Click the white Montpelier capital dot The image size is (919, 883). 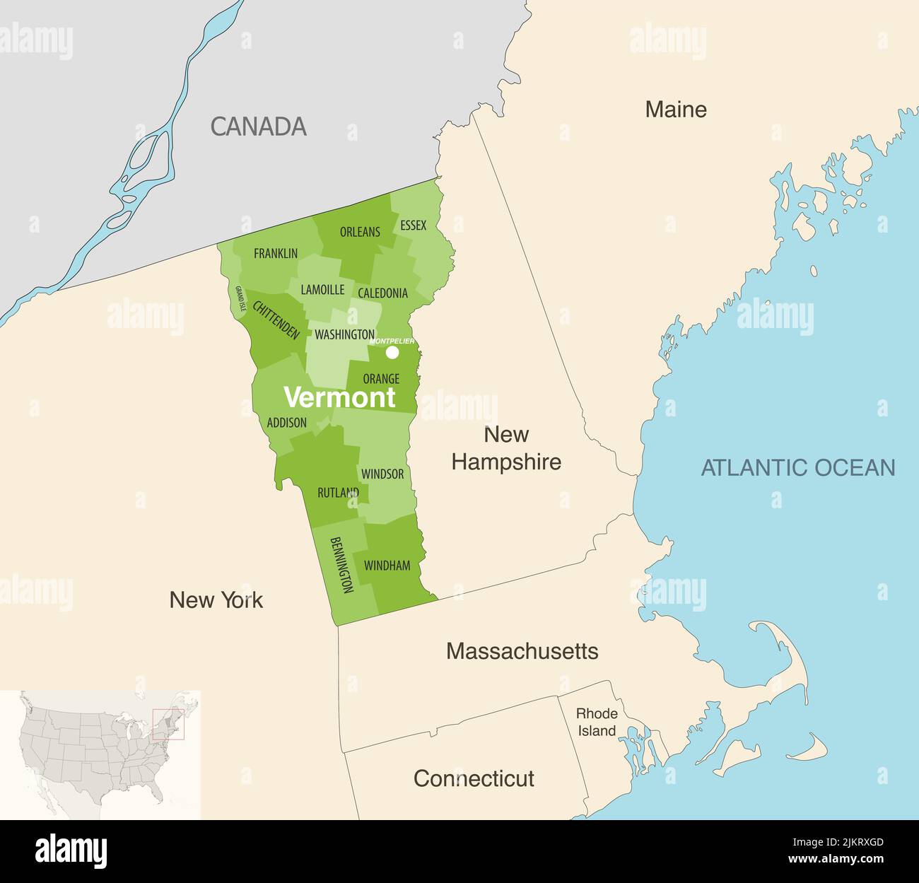[392, 352]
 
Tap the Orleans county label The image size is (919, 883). [360, 232]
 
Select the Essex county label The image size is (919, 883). [413, 226]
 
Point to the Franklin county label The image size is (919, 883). [276, 253]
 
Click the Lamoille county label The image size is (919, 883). [322, 290]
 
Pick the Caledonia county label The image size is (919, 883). [382, 293]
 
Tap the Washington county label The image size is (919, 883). [344, 334]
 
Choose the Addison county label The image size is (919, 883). [286, 423]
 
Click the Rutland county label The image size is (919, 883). [338, 493]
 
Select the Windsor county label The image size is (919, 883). [382, 474]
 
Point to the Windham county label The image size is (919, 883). [387, 566]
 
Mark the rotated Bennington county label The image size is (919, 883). [341, 565]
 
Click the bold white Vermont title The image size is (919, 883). [339, 397]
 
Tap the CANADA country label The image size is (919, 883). [258, 127]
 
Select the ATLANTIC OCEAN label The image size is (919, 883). [798, 467]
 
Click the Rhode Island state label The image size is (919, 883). [597, 722]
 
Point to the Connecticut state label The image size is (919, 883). [473, 778]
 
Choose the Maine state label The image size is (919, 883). [676, 109]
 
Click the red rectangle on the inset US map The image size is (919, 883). [169, 724]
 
